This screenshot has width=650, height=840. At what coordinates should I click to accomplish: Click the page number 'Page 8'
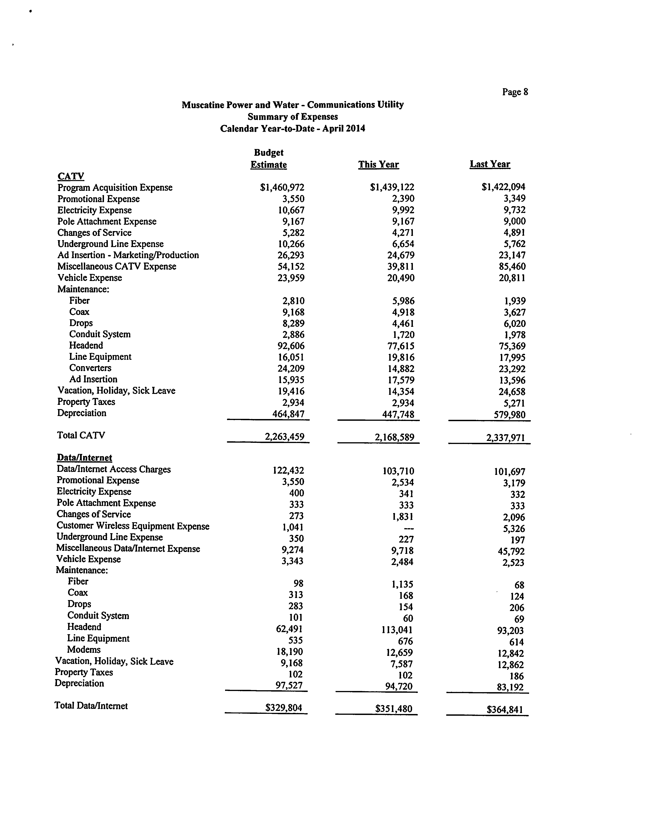(515, 92)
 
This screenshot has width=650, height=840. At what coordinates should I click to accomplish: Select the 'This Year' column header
(378, 165)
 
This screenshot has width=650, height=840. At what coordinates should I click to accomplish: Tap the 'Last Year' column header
(490, 164)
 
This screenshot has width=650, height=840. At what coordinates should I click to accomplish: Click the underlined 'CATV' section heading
(71, 176)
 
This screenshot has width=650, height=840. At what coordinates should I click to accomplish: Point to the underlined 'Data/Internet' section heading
(84, 458)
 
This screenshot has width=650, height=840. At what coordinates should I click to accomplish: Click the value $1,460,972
(282, 187)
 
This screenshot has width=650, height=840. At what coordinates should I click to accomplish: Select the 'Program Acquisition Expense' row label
(115, 188)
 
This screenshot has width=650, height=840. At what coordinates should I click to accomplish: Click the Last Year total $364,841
(505, 710)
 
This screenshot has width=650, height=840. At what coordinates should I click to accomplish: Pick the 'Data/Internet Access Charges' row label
(114, 469)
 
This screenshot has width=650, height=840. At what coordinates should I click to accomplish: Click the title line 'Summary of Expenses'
(292, 117)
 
